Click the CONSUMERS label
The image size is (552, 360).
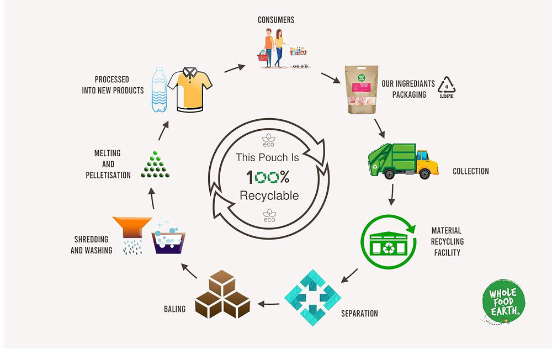pyautogui.click(x=276, y=20)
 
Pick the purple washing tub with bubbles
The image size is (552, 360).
pyautogui.click(x=169, y=242)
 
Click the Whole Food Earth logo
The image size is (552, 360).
pyautogui.click(x=502, y=303)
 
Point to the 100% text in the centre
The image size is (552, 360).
pyautogui.click(x=267, y=177)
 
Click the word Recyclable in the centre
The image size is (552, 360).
pyautogui.click(x=269, y=195)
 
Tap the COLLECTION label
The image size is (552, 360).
pyautogui.click(x=470, y=171)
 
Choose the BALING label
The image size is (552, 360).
pyautogui.click(x=174, y=309)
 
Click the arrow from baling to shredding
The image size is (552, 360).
pyautogui.click(x=189, y=270)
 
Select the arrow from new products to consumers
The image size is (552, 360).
pyautogui.click(x=234, y=67)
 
